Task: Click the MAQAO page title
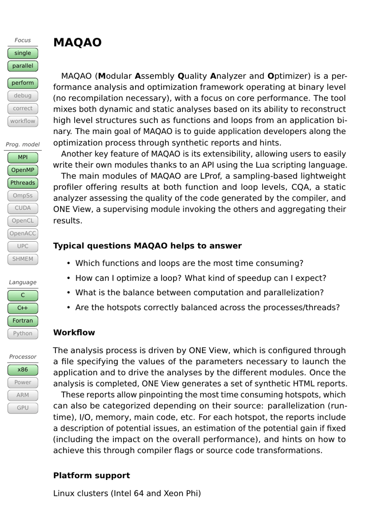point(77,42)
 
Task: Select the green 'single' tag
point(23,53)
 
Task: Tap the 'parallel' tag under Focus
point(23,66)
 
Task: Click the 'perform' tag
point(23,83)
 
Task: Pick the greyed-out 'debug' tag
point(23,96)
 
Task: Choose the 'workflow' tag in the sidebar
point(23,121)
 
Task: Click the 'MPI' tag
point(23,158)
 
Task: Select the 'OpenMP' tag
point(23,170)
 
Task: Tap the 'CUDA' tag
point(23,208)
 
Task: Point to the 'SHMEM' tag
point(23,259)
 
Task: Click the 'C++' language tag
point(23,308)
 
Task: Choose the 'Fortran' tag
point(23,321)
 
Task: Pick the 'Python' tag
point(23,334)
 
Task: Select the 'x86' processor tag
point(23,370)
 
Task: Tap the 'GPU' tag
point(23,408)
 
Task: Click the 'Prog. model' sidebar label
point(23,145)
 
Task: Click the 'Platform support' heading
point(91,475)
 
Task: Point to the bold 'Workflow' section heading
point(74,333)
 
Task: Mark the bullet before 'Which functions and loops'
point(68,263)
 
